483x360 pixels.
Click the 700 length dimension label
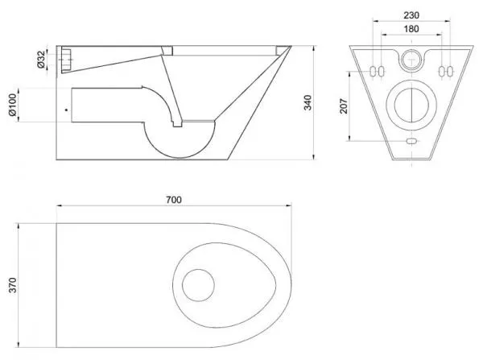pos(174,200)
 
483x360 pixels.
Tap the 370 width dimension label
pos(13,285)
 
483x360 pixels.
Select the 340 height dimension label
pos(308,102)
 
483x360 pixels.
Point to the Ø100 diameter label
pos(12,105)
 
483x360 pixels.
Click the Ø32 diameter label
pos(41,60)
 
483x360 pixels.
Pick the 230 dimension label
pos(411,15)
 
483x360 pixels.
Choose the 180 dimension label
pos(411,29)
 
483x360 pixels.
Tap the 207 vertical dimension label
pos(344,106)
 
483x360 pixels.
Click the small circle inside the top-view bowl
pos(198,285)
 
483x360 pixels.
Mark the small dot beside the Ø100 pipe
pos(66,110)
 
